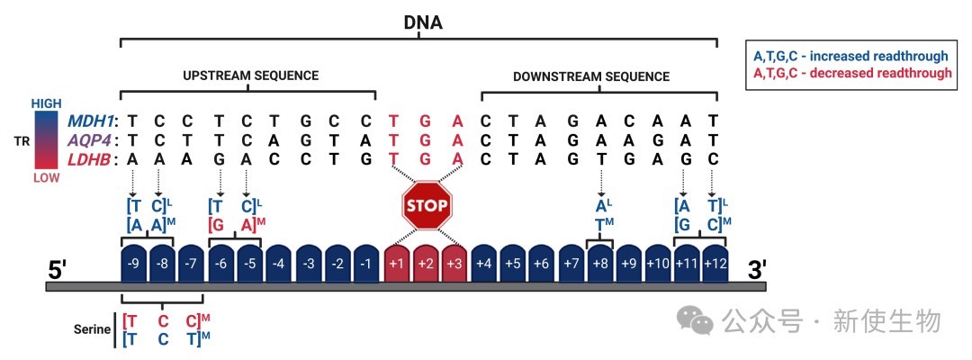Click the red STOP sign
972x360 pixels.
[426, 206]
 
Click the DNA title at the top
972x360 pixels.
[423, 20]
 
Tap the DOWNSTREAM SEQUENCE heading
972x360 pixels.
[591, 76]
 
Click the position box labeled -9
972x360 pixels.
[133, 264]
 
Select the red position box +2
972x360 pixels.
[427, 264]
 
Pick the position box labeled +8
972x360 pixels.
[600, 264]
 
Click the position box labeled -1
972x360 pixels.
[367, 264]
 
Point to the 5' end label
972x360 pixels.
[60, 268]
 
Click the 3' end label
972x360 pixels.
[757, 268]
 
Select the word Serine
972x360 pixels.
[91, 328]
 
